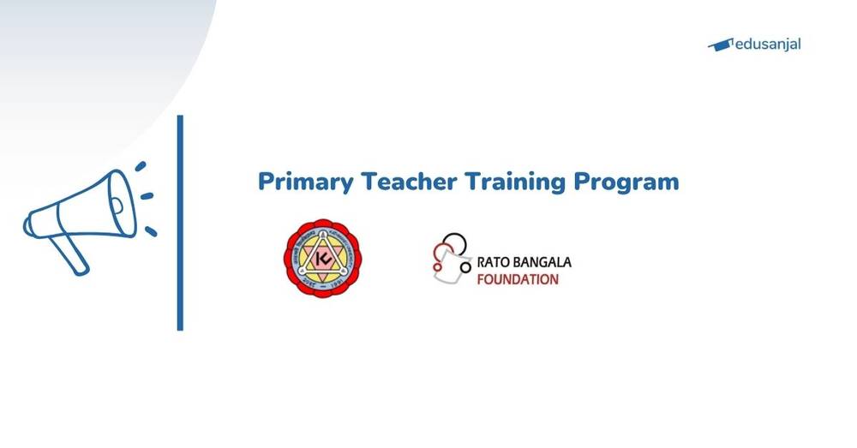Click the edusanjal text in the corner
pos(768,44)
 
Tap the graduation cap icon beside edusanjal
pos(720,45)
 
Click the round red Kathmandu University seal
pos(323,258)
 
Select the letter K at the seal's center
pos(322,258)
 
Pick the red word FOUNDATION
pos(518,279)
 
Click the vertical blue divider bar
pos(180,223)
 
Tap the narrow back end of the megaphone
pos(33,225)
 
